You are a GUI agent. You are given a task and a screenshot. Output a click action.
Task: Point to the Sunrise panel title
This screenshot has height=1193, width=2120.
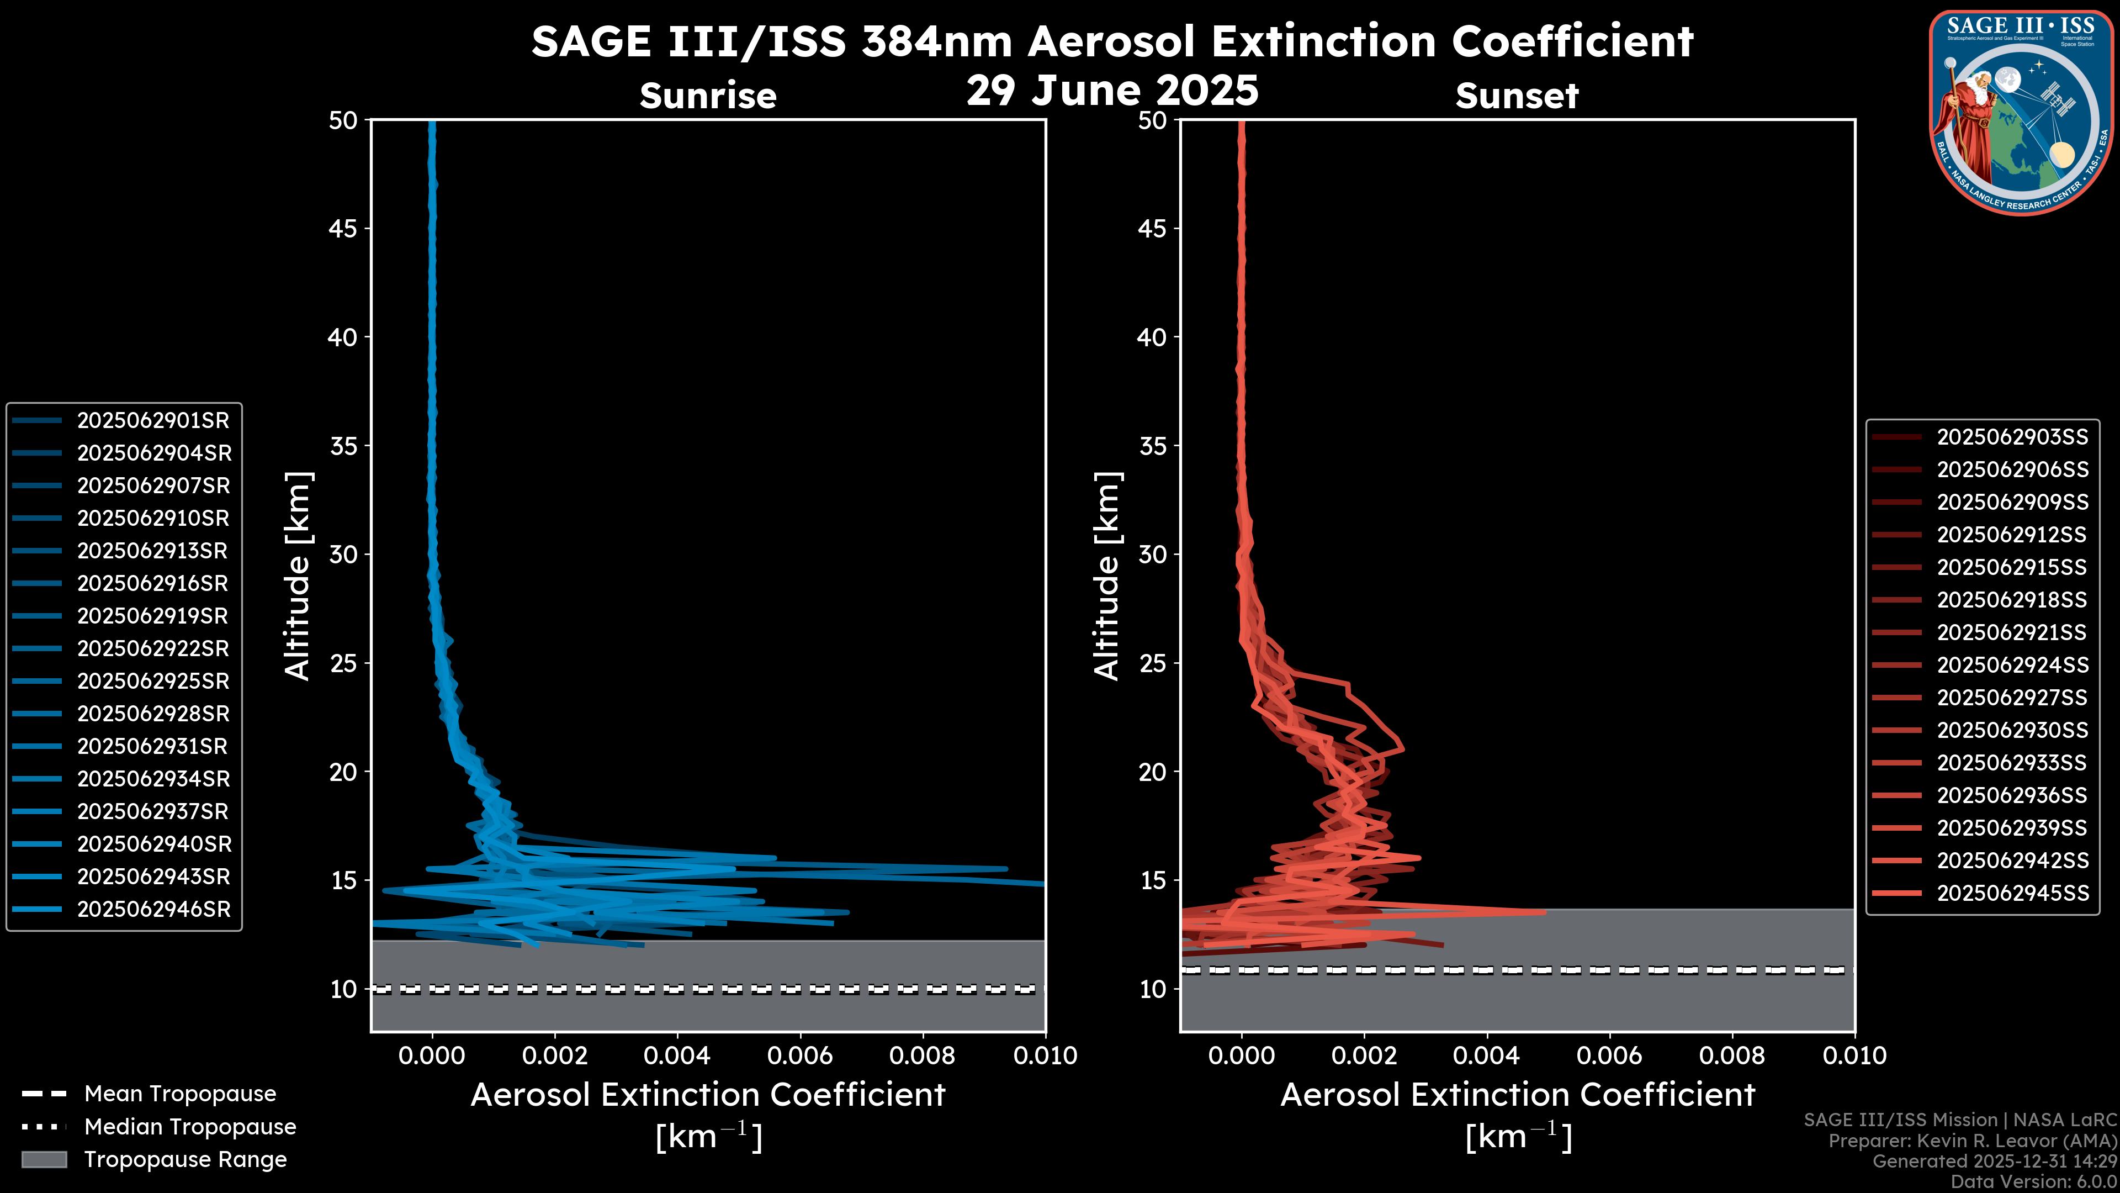(708, 96)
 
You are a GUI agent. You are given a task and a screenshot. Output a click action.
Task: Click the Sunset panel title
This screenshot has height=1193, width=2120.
(1517, 96)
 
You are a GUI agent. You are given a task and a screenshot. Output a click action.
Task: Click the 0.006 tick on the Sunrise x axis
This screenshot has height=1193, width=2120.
(800, 1055)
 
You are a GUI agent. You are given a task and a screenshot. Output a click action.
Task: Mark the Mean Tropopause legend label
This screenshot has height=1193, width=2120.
(180, 1094)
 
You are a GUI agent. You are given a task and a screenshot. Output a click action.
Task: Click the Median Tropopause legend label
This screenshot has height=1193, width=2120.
(190, 1127)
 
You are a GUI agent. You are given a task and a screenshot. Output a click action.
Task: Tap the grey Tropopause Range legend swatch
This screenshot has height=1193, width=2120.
(44, 1160)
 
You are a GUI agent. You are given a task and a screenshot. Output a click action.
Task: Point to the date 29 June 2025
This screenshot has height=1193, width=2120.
(1112, 91)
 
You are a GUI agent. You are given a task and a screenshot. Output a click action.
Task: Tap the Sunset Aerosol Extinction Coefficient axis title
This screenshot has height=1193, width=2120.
(1518, 1096)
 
